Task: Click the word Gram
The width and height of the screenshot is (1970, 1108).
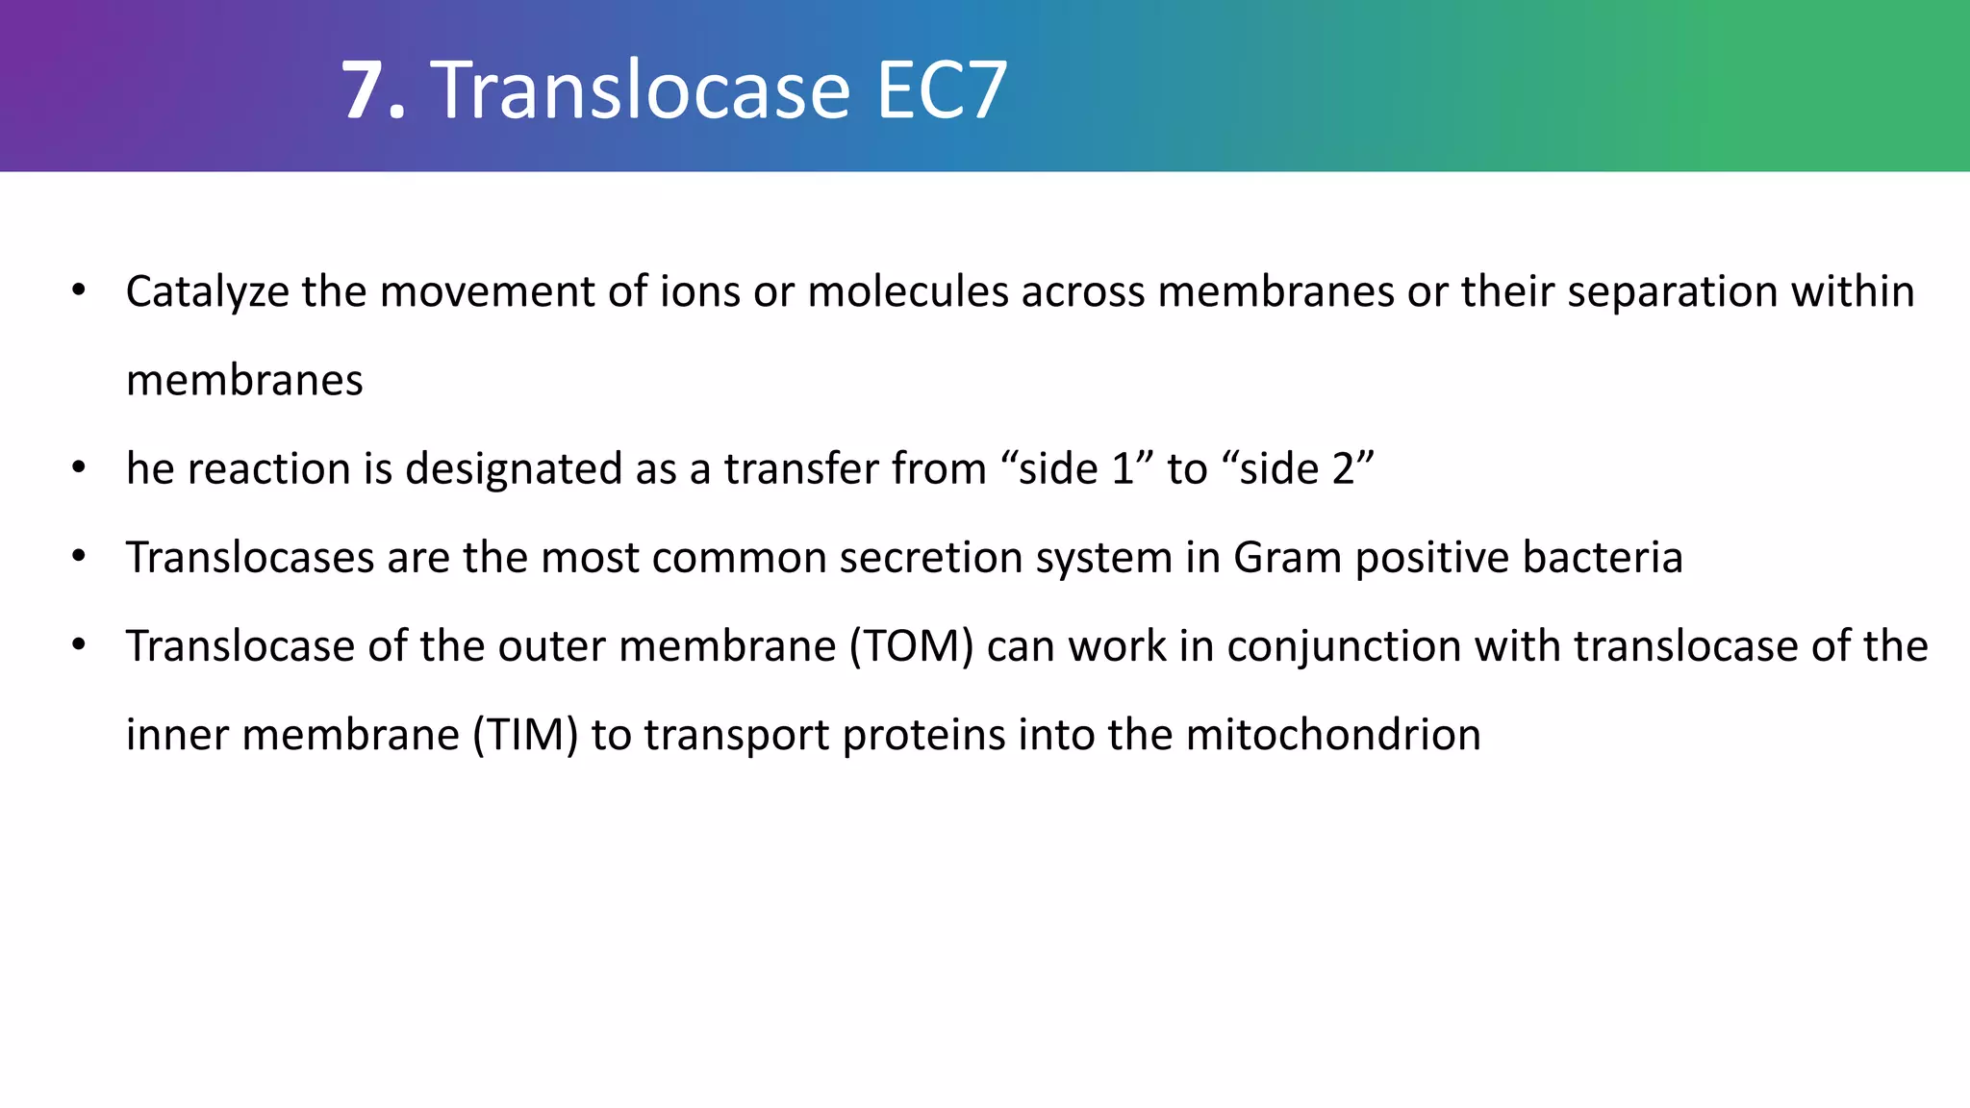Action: (1287, 558)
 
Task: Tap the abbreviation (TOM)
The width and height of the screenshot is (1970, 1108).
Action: (912, 646)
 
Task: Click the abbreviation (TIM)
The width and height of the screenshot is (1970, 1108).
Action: (525, 736)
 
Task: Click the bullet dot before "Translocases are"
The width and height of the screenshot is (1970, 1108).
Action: (79, 557)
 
